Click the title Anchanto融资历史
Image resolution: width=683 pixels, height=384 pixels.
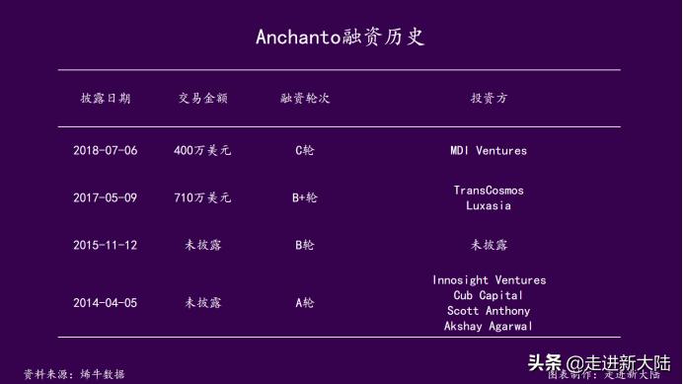(341, 38)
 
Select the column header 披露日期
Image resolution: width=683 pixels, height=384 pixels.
(105, 99)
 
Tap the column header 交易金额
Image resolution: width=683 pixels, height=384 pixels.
(203, 99)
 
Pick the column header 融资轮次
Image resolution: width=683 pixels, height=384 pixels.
(305, 99)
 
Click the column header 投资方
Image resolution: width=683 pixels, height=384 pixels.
(489, 99)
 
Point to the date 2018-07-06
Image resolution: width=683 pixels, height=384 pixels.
(105, 151)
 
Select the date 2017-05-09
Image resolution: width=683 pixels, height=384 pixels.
(105, 197)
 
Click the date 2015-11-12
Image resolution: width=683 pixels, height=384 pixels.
(105, 245)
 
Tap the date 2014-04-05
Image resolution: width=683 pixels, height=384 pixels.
(105, 303)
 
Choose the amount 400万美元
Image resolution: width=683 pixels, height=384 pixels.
(202, 151)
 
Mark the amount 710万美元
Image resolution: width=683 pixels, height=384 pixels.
(202, 197)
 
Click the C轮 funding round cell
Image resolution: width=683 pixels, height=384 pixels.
(305, 151)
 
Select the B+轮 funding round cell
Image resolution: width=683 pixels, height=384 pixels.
(305, 197)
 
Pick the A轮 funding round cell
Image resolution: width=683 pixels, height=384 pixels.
(305, 303)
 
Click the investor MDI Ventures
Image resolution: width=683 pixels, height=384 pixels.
(489, 151)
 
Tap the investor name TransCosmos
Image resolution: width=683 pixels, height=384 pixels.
(489, 190)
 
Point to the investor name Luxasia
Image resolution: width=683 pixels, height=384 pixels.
(489, 206)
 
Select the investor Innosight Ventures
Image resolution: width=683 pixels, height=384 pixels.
(489, 280)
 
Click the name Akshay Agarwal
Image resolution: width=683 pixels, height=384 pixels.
(489, 326)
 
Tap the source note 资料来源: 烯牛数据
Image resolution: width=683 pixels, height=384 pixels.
(75, 374)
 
